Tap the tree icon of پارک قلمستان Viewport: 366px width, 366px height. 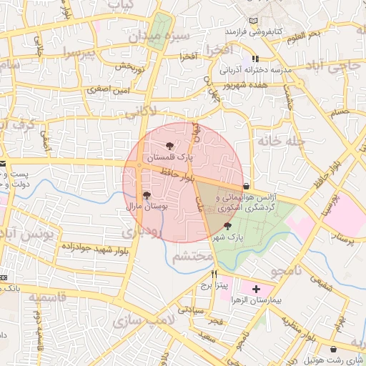(x=169, y=144)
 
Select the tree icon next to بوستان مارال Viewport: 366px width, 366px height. (x=147, y=194)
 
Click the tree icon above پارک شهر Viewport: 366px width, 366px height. (x=227, y=225)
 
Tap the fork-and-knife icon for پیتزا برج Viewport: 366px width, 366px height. (x=214, y=274)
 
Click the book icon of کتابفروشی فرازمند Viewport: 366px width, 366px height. (x=254, y=20)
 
